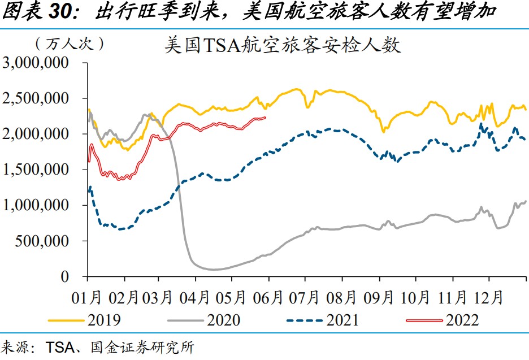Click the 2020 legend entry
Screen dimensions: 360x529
coord(223,320)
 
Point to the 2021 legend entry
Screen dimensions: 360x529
coord(342,320)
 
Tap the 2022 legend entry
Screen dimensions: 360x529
coord(462,320)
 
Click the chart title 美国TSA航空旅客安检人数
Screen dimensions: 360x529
coord(283,45)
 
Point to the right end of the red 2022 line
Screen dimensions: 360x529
coord(266,118)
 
